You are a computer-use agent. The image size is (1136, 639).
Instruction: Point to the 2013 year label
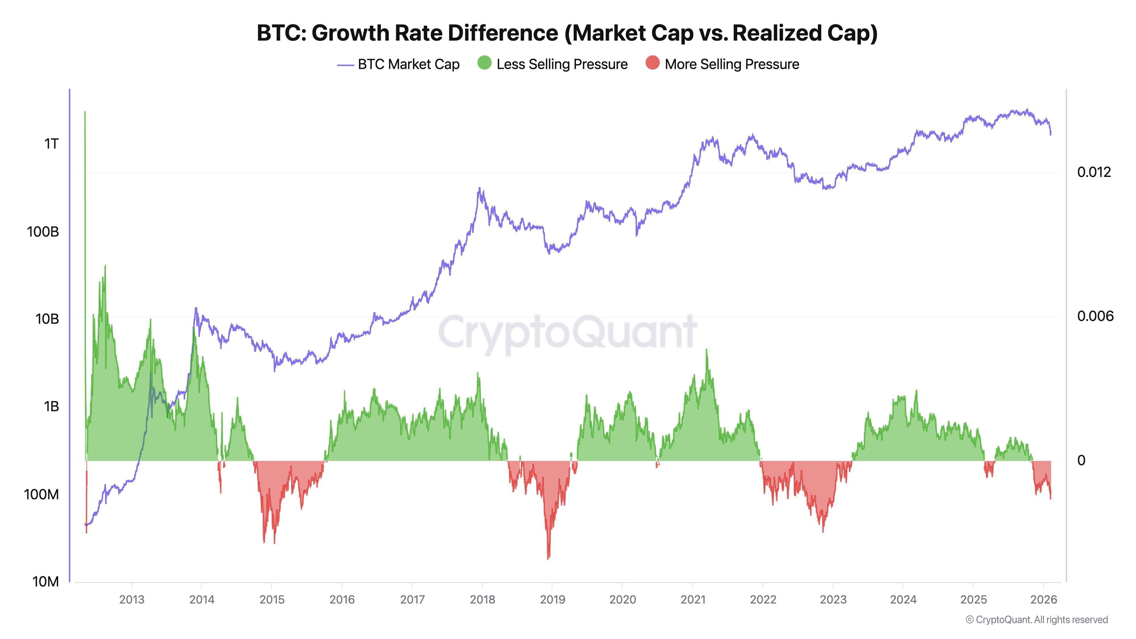tap(131, 600)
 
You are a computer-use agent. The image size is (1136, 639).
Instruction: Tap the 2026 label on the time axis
tap(1043, 600)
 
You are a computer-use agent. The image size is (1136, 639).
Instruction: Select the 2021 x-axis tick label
tap(692, 600)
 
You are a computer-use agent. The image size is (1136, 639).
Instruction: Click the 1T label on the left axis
tap(51, 144)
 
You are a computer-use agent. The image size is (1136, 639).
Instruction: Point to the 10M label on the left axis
tap(45, 582)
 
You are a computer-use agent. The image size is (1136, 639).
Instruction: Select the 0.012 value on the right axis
tap(1094, 172)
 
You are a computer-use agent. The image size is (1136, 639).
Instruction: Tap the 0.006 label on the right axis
tap(1095, 316)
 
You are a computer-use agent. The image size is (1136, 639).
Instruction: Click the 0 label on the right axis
tap(1081, 460)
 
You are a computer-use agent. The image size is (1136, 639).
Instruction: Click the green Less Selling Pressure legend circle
tap(484, 63)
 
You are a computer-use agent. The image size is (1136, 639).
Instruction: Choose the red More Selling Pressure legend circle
tap(652, 63)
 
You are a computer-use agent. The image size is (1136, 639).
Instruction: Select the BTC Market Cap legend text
tap(408, 64)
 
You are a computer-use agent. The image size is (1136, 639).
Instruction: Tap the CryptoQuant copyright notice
tap(1036, 620)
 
